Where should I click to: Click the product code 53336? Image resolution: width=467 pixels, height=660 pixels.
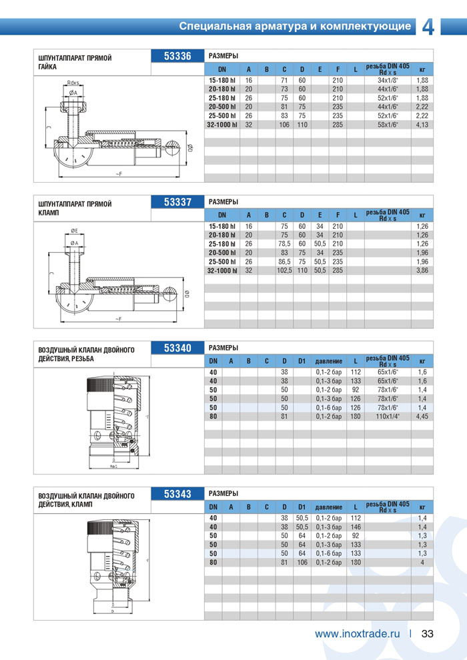coord(177,56)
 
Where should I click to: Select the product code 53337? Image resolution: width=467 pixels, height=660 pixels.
coord(177,202)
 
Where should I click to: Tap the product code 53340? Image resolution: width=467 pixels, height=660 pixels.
coord(177,348)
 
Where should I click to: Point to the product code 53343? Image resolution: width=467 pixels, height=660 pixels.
coord(177,494)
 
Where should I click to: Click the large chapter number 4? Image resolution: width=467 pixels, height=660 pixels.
coord(429,27)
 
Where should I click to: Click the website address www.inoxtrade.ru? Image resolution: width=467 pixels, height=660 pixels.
coord(357,634)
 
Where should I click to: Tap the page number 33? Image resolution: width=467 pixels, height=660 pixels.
coord(428,634)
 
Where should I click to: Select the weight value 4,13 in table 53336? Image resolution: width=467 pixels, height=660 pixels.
coord(422,124)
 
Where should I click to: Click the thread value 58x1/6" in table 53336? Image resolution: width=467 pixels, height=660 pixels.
coord(388,124)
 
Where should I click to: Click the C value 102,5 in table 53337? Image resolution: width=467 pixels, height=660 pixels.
coord(284,271)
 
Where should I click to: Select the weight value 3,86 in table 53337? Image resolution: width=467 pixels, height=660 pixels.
coord(422,271)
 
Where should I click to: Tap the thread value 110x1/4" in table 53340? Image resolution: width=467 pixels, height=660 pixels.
coord(388,416)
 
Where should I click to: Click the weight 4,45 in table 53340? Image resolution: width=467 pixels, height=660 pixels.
coord(422,416)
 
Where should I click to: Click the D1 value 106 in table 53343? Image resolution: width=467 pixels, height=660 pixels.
coord(302,563)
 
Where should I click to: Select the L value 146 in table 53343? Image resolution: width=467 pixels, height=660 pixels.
coord(356,527)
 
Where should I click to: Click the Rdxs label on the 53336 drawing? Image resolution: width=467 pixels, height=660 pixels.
coord(73,83)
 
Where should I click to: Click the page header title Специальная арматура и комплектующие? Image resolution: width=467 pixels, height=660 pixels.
coord(295,27)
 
